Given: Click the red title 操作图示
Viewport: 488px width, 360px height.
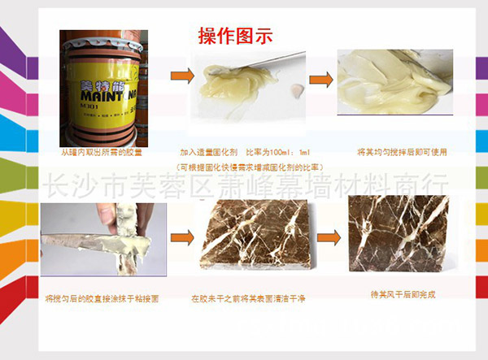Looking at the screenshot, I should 234,36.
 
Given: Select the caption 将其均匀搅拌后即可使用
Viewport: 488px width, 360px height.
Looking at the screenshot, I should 403,152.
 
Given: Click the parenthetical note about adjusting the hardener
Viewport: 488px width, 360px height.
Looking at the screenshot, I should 249,167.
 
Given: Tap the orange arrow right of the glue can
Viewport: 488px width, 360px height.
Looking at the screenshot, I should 181,77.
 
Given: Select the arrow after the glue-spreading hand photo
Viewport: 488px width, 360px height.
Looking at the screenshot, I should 181,237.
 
